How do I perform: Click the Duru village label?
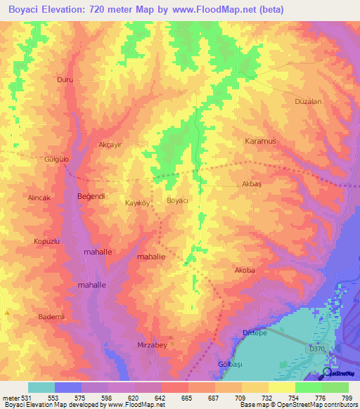[x=65, y=80]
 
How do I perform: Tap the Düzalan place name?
[x=308, y=101]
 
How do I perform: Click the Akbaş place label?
[x=252, y=183]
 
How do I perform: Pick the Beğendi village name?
[x=91, y=196]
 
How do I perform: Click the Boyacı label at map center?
[x=178, y=201]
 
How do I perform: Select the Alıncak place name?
[x=39, y=198]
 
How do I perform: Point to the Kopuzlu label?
[x=44, y=241]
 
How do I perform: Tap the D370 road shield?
[x=318, y=347]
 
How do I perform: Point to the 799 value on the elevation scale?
[x=346, y=398]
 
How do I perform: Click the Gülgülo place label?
[x=58, y=160]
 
